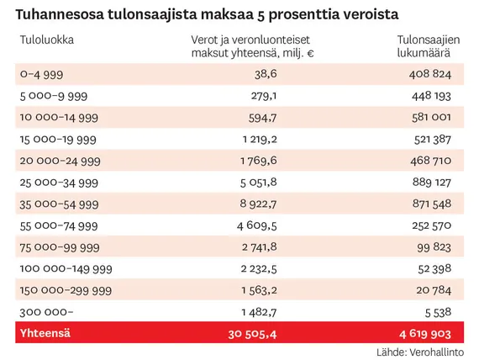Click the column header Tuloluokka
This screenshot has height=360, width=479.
47,40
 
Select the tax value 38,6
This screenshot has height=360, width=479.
266,74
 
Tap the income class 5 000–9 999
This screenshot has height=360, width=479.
54,96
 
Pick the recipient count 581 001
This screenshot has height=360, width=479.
431,118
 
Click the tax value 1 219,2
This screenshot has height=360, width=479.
260,140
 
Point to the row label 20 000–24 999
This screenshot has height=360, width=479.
61,161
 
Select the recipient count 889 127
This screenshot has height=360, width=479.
432,183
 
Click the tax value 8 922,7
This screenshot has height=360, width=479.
259,204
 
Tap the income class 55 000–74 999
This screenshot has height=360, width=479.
59,226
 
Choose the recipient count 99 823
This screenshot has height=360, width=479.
434,247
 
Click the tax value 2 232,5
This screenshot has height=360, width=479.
259,269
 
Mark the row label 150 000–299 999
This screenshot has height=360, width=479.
66,290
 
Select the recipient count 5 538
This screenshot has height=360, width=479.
438,313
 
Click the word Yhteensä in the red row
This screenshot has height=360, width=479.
45,333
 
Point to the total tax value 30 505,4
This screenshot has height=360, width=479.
252,334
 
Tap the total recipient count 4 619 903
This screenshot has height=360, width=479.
425,334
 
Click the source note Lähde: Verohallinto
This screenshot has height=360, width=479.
420,352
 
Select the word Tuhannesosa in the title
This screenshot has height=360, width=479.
60,14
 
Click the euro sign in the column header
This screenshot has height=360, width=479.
310,54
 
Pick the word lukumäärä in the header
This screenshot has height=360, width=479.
424,53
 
